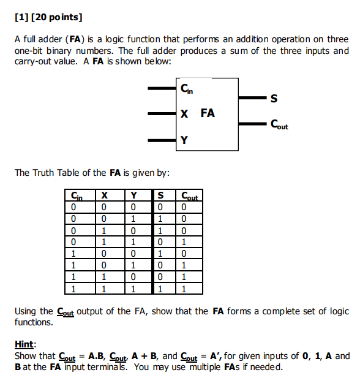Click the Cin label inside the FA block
[x=187, y=89]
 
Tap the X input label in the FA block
[x=184, y=113]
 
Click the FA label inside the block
[x=208, y=113]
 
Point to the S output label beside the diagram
[x=274, y=98]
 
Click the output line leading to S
[x=251, y=97]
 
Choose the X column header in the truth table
[x=105, y=196]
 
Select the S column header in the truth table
[x=160, y=196]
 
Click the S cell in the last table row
[x=160, y=289]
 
